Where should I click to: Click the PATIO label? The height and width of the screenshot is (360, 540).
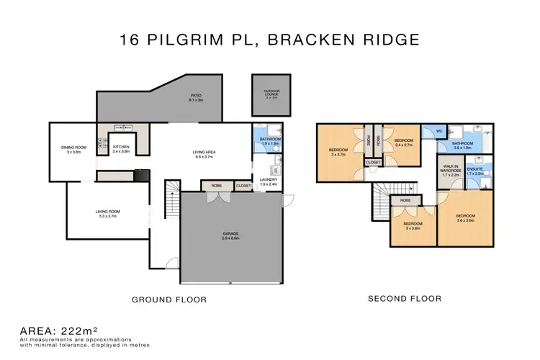194,94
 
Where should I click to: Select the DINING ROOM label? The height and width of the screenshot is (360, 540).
73,149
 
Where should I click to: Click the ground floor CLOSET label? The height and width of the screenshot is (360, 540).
243,186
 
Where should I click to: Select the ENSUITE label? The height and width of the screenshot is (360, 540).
475,170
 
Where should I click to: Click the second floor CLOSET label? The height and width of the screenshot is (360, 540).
373,163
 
